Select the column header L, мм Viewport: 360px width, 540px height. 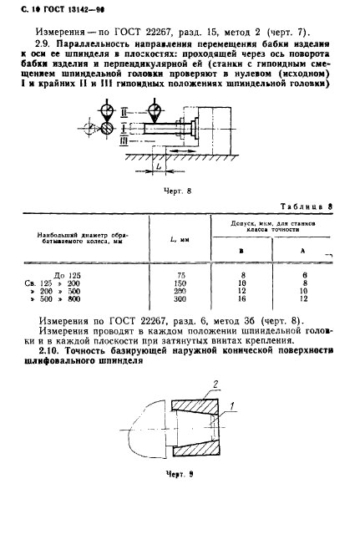point(179,241)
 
